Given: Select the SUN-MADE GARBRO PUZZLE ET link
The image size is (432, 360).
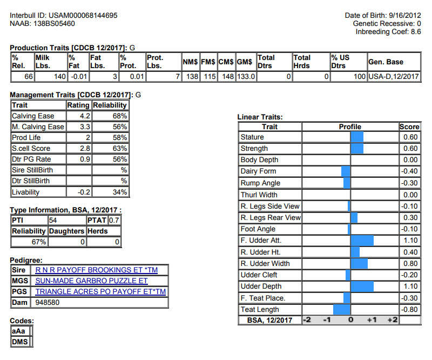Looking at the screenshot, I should pyautogui.click(x=91, y=281).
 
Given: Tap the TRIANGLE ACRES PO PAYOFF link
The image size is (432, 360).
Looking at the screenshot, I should pyautogui.click(x=100, y=292).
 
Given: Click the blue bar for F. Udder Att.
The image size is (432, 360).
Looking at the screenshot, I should pyautogui.click(x=362, y=241).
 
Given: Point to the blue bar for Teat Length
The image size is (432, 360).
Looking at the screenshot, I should pyautogui.click(x=342, y=310).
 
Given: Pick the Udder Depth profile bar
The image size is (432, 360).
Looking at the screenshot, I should pyautogui.click(x=362, y=286).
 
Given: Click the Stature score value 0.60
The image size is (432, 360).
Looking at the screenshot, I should pyautogui.click(x=410, y=137).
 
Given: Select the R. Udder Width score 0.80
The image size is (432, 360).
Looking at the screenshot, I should pyautogui.click(x=410, y=264).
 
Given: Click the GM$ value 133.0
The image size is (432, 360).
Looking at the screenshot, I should pyautogui.click(x=246, y=77).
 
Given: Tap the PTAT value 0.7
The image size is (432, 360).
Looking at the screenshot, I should pyautogui.click(x=114, y=221).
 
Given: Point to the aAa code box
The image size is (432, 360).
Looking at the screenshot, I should pyautogui.click(x=20, y=331).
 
